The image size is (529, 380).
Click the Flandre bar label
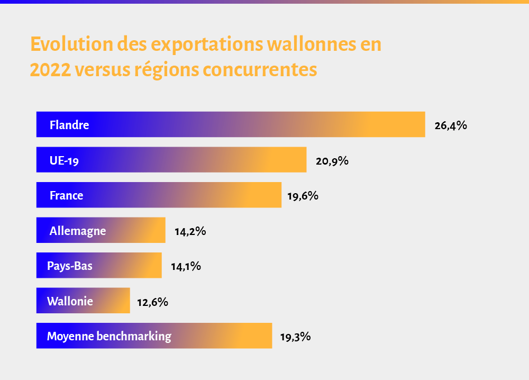pos(69,125)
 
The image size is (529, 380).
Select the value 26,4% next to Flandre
pos(450,125)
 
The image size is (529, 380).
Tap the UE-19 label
pos(64,160)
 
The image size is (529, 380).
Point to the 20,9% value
pos(332,160)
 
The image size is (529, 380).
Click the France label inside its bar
pos(66,195)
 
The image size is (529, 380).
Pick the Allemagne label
pos(78,231)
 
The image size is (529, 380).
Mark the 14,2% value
pos(190,231)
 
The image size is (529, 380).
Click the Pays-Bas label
pos(70,266)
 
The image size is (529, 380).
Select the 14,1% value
pos(186,266)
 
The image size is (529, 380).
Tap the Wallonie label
pos(70,301)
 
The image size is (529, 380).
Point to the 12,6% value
pos(152,302)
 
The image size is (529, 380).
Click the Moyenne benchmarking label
pos(109,336)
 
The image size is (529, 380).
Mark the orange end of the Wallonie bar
pos(123,301)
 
